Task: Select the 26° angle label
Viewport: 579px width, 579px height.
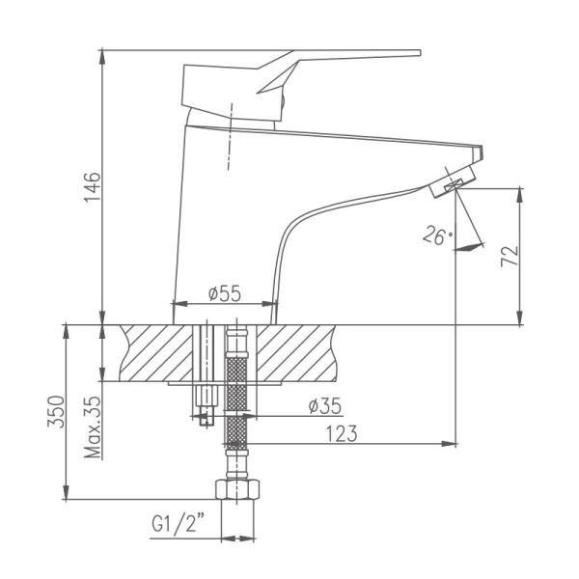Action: [436, 234]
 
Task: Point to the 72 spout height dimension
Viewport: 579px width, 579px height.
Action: [510, 255]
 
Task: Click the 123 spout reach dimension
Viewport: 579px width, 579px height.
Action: [342, 434]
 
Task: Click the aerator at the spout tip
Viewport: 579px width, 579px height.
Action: [452, 182]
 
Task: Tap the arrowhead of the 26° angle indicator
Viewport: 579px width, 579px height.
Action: [470, 247]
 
